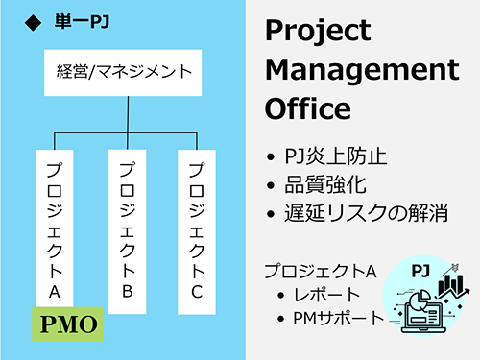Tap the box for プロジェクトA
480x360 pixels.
tap(55, 230)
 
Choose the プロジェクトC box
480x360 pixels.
tap(197, 230)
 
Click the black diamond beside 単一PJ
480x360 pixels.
tap(33, 18)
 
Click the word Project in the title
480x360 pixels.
tap(318, 32)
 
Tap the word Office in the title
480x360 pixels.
tap(308, 108)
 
